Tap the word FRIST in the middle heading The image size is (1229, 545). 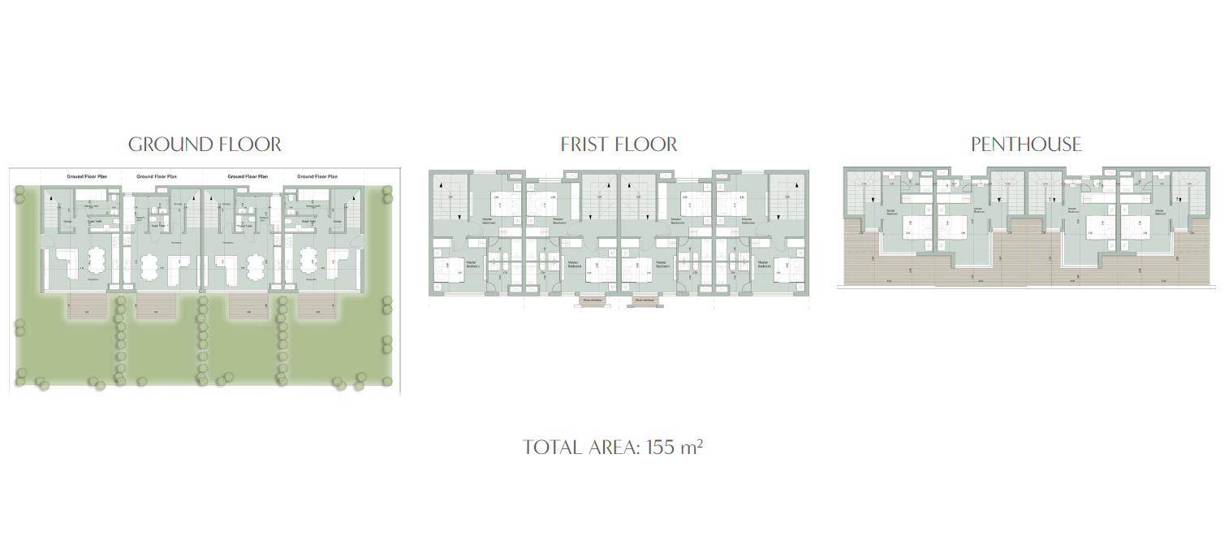(586, 145)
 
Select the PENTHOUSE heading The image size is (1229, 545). (1026, 145)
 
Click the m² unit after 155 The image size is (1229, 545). (692, 447)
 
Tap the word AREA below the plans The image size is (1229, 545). (614, 448)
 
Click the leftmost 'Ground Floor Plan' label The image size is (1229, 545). (87, 176)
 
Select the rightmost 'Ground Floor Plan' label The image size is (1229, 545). (317, 176)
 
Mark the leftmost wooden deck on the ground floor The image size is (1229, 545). (84, 306)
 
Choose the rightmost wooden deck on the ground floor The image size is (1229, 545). (317, 306)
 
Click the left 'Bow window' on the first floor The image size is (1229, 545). (592, 301)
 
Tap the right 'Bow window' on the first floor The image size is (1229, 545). (645, 301)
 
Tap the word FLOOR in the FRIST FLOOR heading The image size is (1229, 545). (646, 145)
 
